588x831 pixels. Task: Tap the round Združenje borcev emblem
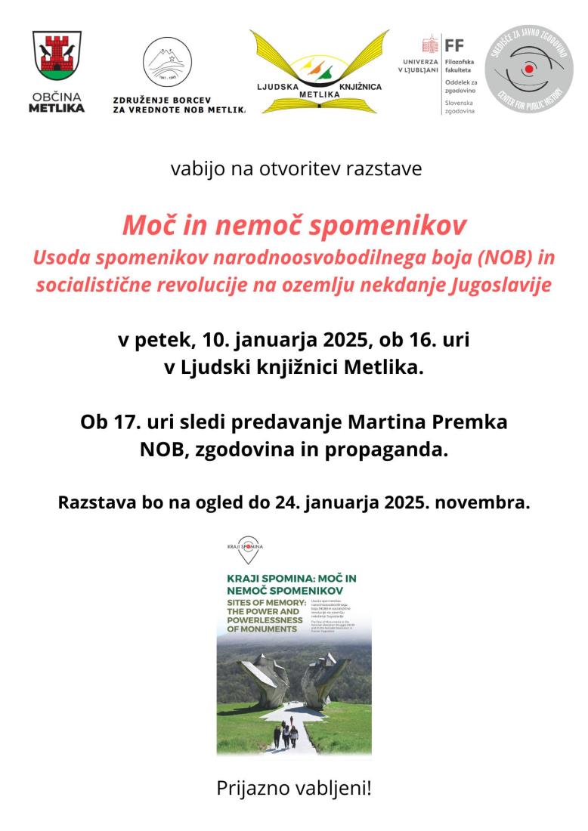(x=167, y=62)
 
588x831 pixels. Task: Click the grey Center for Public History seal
(x=528, y=69)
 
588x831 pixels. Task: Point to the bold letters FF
(x=454, y=45)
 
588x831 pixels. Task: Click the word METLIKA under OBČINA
(x=57, y=108)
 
